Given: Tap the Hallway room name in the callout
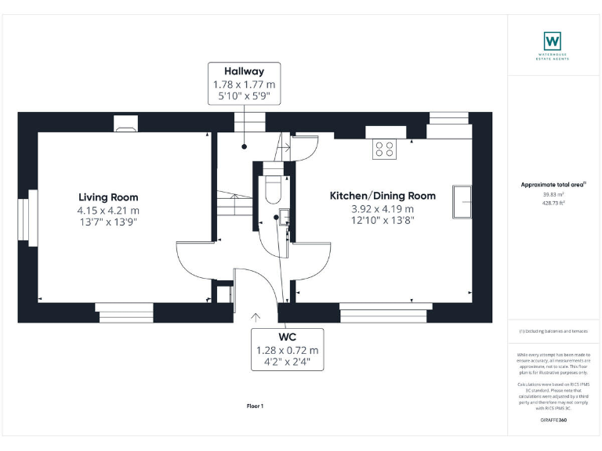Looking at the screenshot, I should [244, 71].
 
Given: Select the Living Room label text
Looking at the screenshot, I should [108, 197].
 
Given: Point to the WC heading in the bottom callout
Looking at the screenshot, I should [287, 337].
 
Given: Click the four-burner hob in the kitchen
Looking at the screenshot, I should [385, 148].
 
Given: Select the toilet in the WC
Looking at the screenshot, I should [274, 189].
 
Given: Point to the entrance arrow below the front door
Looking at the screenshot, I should [256, 318].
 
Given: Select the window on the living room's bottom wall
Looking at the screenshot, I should [125, 312].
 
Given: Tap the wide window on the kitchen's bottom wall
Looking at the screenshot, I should [386, 311].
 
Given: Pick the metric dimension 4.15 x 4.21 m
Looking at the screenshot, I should [108, 210].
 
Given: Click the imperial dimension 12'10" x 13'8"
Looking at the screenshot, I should [383, 220].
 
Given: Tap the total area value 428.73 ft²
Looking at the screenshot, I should [553, 202].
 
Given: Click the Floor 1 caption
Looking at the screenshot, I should [256, 406].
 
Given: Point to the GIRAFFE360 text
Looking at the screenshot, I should [553, 420].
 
